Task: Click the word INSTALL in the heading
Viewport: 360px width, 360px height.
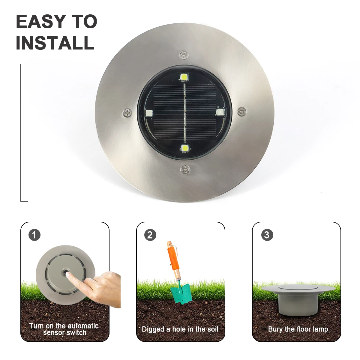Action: click(x=55, y=43)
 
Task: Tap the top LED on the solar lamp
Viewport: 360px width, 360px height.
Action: click(x=184, y=77)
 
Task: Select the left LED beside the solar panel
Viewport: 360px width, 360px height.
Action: click(x=148, y=113)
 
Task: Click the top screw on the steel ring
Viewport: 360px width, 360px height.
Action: click(x=184, y=55)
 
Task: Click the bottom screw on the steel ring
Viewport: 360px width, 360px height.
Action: click(x=185, y=170)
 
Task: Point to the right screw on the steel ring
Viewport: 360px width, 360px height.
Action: click(x=241, y=112)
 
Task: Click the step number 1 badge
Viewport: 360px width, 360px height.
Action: click(x=34, y=235)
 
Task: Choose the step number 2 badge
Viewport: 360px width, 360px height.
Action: click(x=150, y=235)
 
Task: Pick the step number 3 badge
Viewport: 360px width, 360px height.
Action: click(x=267, y=235)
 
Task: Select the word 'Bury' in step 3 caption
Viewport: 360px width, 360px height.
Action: click(x=275, y=329)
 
